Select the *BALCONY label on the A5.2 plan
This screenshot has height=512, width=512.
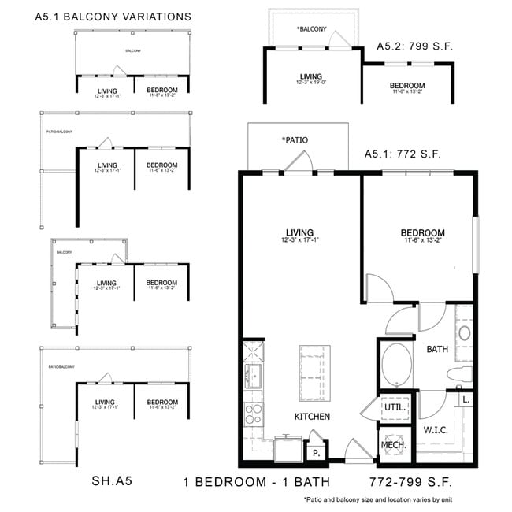[x=311, y=29]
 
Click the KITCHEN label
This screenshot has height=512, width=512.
[x=312, y=416]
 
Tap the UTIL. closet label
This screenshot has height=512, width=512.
[x=395, y=408]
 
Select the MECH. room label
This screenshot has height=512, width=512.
[x=394, y=445]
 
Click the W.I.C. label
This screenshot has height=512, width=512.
[x=437, y=430]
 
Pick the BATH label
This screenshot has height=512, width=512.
[x=438, y=348]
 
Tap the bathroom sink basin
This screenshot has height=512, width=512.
[x=464, y=332]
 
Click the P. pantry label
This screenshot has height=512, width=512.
[x=317, y=454]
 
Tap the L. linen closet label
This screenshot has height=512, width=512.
[x=466, y=400]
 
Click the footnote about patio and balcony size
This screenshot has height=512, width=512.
[x=378, y=500]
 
